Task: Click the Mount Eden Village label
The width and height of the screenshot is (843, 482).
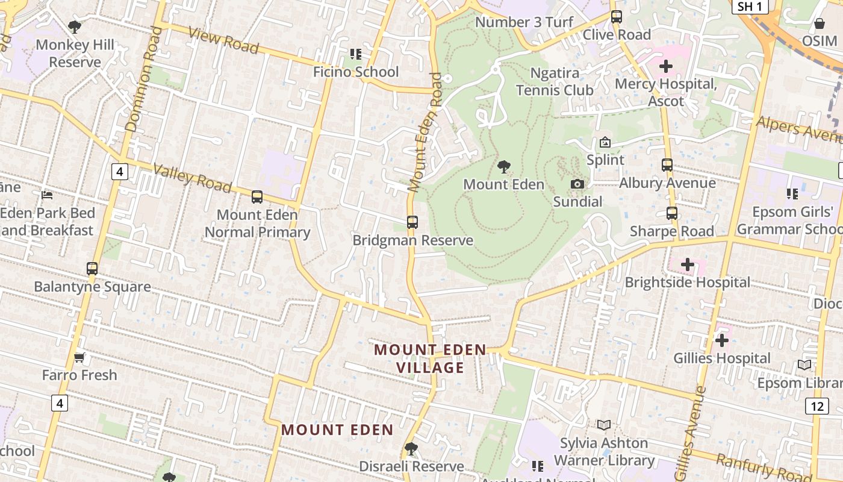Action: coord(430,358)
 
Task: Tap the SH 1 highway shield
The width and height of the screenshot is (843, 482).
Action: coord(750,7)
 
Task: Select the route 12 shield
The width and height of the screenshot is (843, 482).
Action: coord(817,406)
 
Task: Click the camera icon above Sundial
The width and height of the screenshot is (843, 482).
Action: coord(577,184)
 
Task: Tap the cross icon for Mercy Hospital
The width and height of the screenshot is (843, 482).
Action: coord(666,66)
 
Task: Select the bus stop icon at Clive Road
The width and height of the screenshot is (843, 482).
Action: coord(616,17)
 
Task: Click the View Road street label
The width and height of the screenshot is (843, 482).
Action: coord(223,40)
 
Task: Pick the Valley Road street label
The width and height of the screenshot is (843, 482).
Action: coord(191,178)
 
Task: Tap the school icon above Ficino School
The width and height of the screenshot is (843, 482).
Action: coord(356,54)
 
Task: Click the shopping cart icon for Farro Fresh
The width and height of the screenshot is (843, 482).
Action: coord(79,358)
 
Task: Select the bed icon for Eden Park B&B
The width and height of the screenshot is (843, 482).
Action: coord(47,195)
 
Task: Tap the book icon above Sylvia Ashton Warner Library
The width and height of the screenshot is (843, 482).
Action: coord(604,425)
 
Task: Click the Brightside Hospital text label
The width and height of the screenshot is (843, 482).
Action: coord(687,282)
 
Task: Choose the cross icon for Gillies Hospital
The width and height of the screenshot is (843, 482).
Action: coord(721,341)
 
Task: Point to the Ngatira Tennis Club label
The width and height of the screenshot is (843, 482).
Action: coord(555,81)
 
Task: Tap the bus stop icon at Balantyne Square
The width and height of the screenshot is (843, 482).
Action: coord(92,269)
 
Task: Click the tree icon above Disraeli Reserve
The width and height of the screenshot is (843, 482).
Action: coord(411,449)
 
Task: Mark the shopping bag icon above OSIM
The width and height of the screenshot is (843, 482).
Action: coord(819,23)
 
